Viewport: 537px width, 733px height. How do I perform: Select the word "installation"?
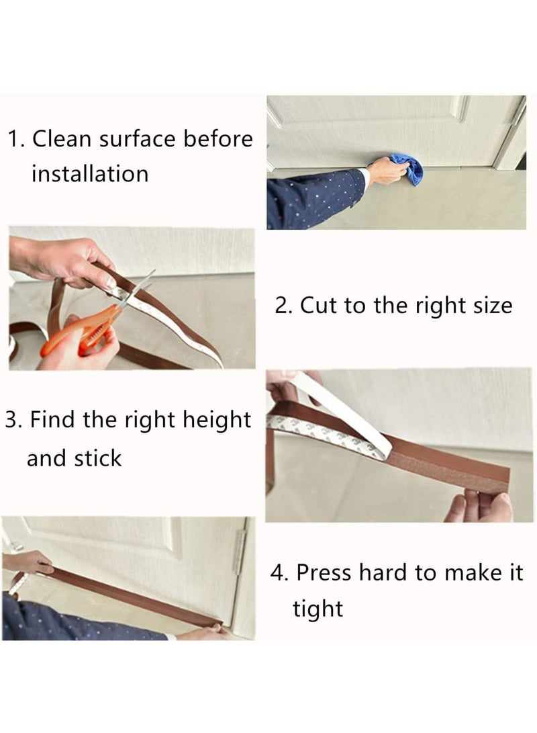90,174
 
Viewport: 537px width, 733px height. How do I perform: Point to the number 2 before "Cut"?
283,306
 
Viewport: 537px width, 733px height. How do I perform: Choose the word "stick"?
98,458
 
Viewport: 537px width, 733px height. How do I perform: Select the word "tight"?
318,609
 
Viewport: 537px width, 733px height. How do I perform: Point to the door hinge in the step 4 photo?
240,552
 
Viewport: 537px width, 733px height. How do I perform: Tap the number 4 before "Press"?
279,572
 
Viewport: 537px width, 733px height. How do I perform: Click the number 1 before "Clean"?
16,139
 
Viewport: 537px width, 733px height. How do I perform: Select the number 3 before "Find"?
13,420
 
